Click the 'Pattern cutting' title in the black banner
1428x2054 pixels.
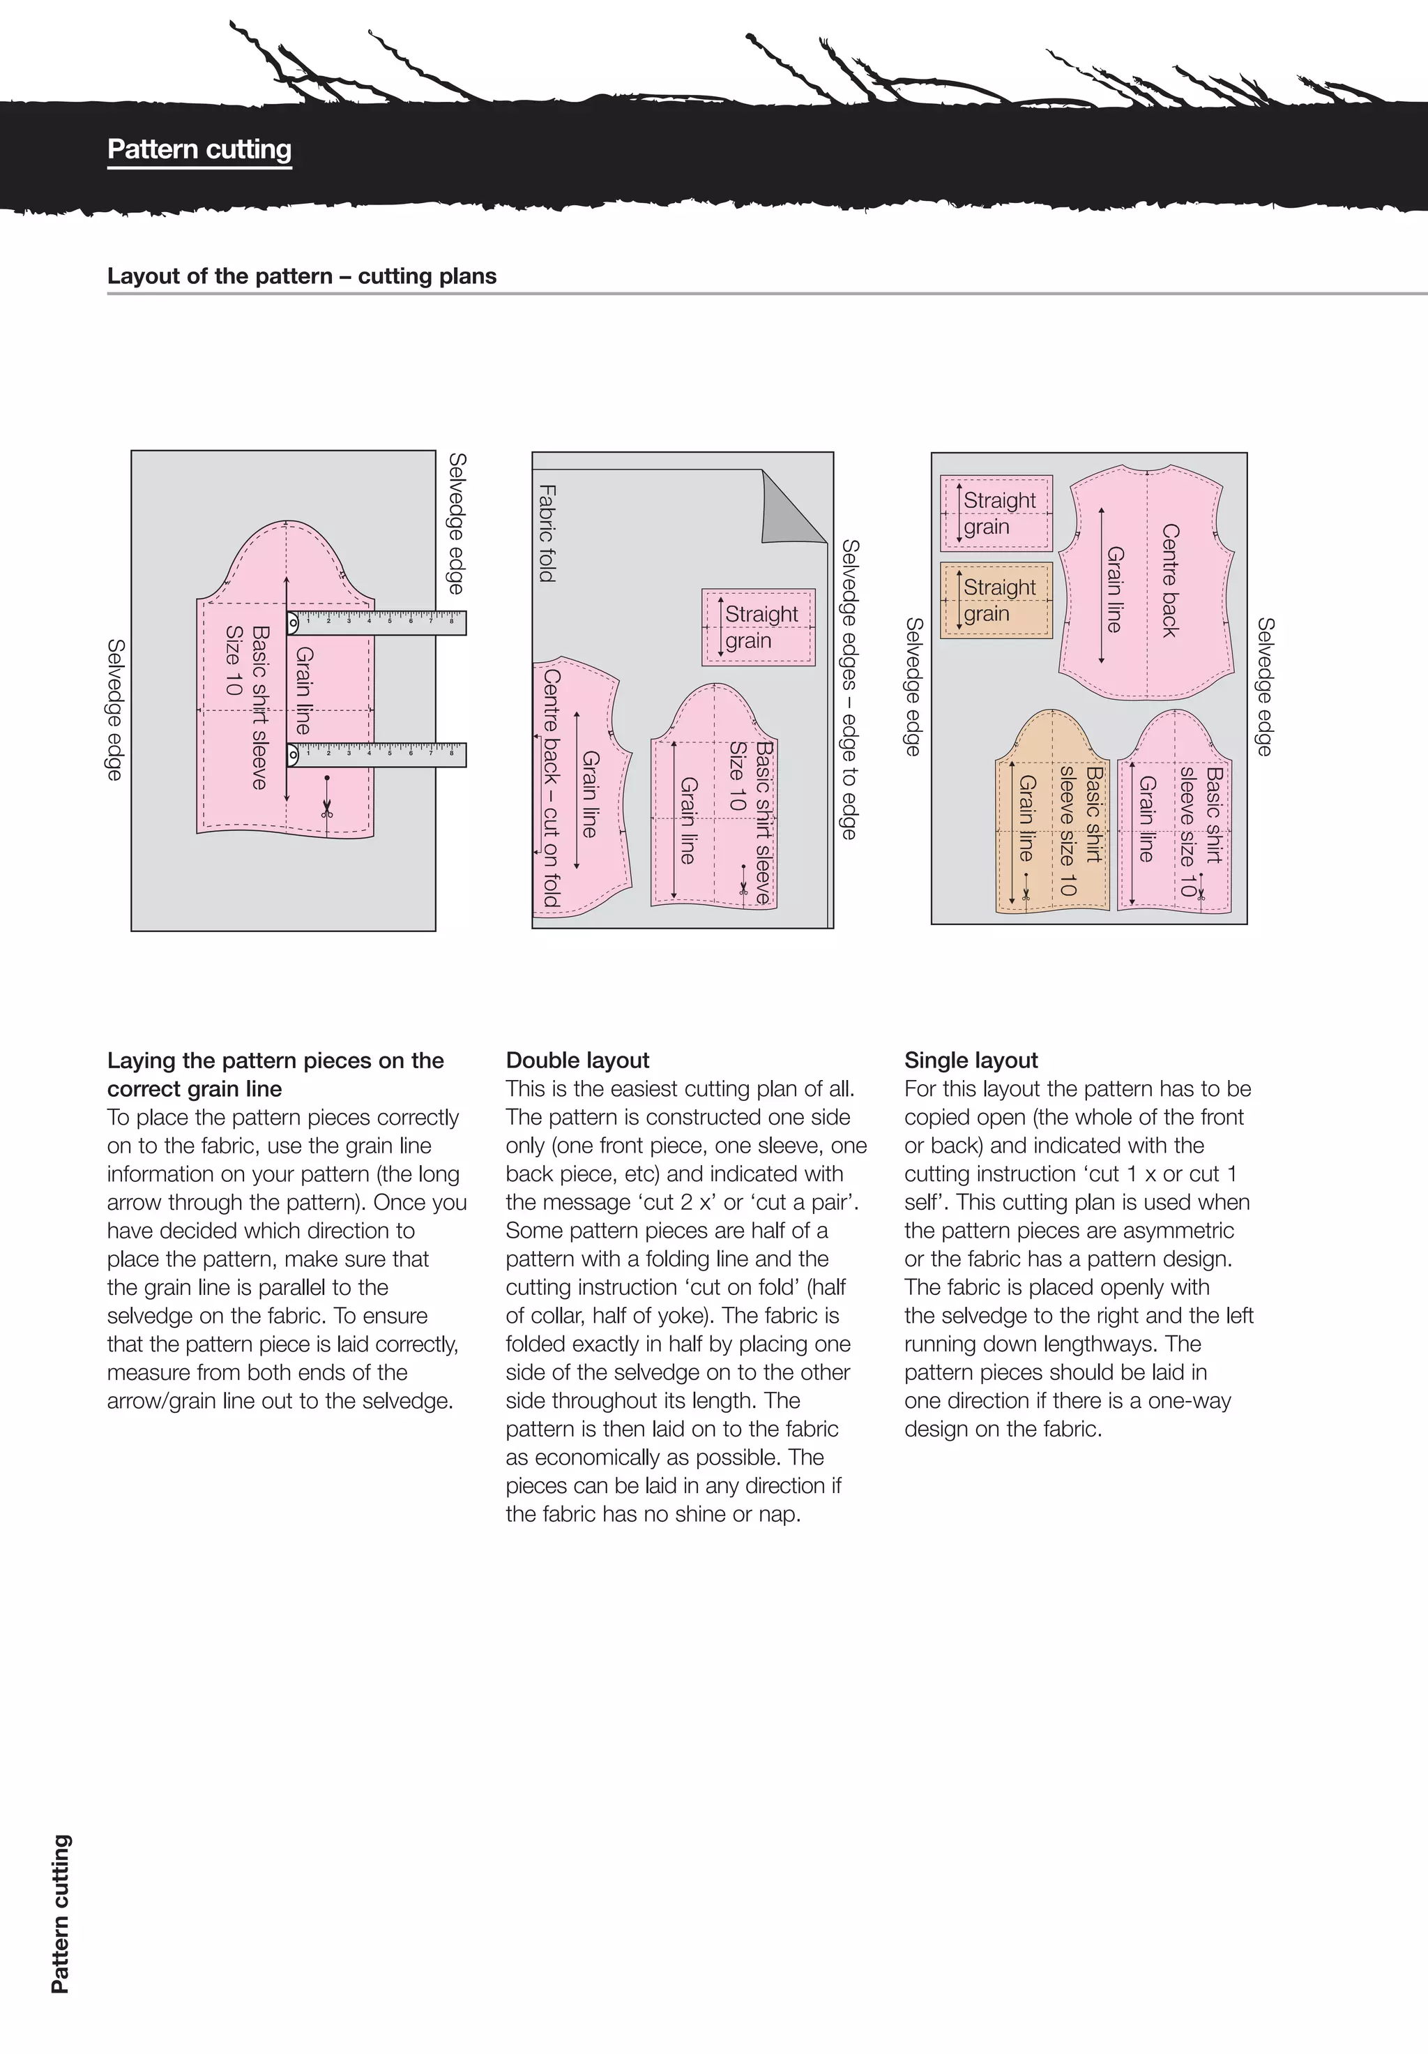[x=199, y=149]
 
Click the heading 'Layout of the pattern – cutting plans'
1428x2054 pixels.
[x=301, y=276]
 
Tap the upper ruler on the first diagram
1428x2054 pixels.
[x=377, y=622]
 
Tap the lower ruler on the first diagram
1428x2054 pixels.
[x=377, y=754]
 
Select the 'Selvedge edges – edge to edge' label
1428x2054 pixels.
[x=849, y=689]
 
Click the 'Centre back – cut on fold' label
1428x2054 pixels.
[x=551, y=787]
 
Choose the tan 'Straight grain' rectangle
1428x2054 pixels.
[x=997, y=599]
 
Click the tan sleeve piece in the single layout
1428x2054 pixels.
[x=1051, y=814]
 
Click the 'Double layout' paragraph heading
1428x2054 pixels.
[x=577, y=1060]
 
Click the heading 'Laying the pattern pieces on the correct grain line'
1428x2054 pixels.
[x=275, y=1074]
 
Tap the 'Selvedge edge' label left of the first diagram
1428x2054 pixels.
[x=114, y=709]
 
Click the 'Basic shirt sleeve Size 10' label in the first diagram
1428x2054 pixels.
[x=247, y=707]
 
